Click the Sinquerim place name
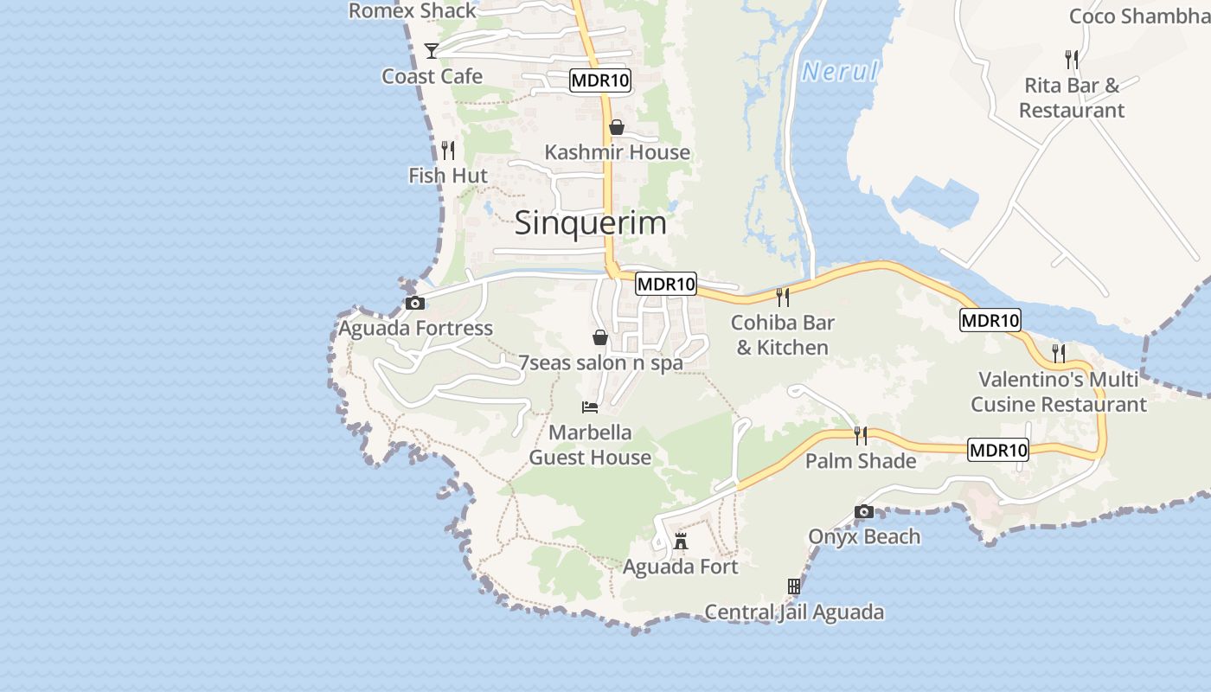[591, 223]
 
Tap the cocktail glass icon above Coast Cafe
[432, 51]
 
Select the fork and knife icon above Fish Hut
[447, 151]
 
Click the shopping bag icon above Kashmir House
[617, 127]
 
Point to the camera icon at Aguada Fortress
[415, 303]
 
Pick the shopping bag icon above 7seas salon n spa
[599, 337]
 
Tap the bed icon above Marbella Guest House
[590, 407]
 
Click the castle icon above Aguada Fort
[681, 541]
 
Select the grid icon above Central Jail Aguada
[794, 586]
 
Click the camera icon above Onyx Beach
[863, 512]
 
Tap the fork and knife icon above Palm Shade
[860, 435]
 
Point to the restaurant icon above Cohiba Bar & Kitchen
[782, 298]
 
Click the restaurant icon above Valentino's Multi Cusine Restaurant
[1058, 353]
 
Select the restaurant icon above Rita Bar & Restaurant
[1071, 59]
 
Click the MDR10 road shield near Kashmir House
[600, 81]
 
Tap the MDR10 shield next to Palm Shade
[998, 450]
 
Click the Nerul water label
[839, 72]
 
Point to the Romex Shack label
[413, 10]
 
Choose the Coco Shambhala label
[1139, 16]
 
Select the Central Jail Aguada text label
[794, 612]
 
